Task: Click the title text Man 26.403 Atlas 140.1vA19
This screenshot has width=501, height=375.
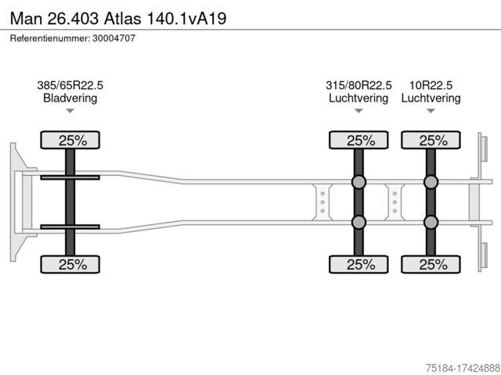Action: (118, 17)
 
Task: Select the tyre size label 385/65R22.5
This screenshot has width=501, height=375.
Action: (70, 85)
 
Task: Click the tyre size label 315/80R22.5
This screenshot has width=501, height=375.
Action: (359, 85)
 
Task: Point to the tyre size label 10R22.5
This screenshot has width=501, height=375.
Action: (431, 85)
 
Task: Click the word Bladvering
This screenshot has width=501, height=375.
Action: (70, 98)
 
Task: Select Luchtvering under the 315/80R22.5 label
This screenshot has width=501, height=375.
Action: (359, 98)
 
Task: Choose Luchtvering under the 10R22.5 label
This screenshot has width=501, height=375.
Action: (431, 98)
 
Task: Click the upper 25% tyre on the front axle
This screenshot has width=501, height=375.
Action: (70, 141)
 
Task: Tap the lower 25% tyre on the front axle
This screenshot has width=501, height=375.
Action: (70, 264)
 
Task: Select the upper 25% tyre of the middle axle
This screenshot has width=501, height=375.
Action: (359, 141)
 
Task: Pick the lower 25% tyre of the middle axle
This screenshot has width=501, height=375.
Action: (359, 264)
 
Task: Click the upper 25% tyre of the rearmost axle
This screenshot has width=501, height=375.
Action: (431, 141)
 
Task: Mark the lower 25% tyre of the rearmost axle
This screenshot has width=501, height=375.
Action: (431, 264)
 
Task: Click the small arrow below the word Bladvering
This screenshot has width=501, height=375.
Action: (70, 112)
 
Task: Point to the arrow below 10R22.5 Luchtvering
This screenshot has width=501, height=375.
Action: (431, 112)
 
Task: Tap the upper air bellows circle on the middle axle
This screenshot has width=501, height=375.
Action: (359, 183)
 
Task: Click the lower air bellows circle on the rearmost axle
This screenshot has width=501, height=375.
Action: (431, 223)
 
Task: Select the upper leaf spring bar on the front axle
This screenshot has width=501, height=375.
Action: (70, 178)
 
